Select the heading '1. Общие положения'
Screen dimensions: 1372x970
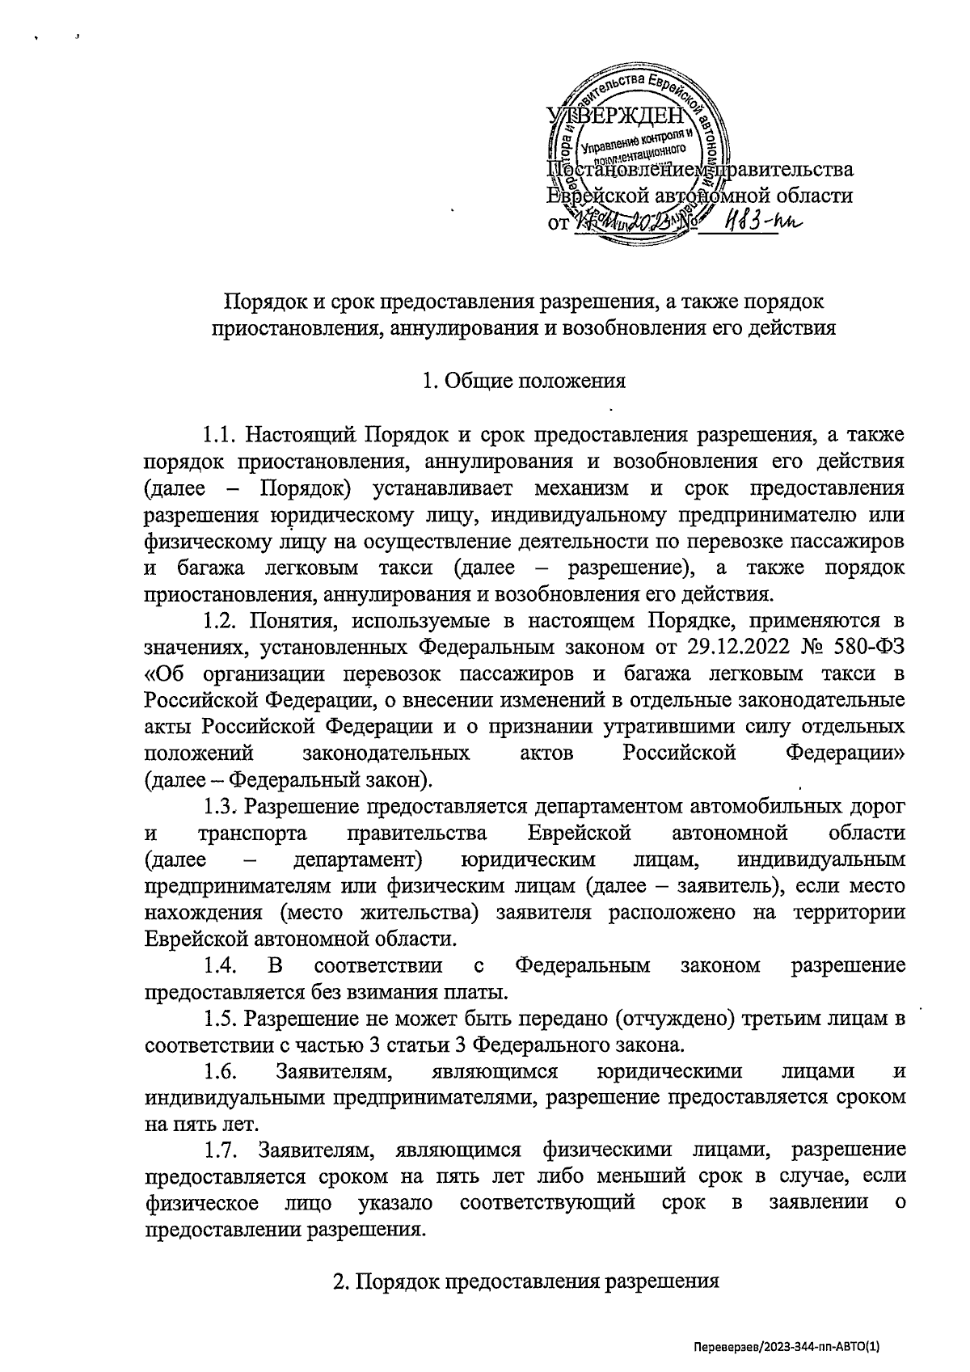pyautogui.click(x=524, y=381)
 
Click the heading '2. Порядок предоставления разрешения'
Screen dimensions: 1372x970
pyautogui.click(x=526, y=1282)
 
